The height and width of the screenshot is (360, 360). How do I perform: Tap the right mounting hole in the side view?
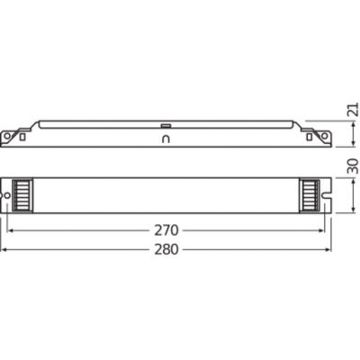click(x=318, y=137)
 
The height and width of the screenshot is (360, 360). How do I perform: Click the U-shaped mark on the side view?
click(x=165, y=140)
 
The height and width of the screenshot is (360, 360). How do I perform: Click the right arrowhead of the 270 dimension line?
click(x=322, y=229)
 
